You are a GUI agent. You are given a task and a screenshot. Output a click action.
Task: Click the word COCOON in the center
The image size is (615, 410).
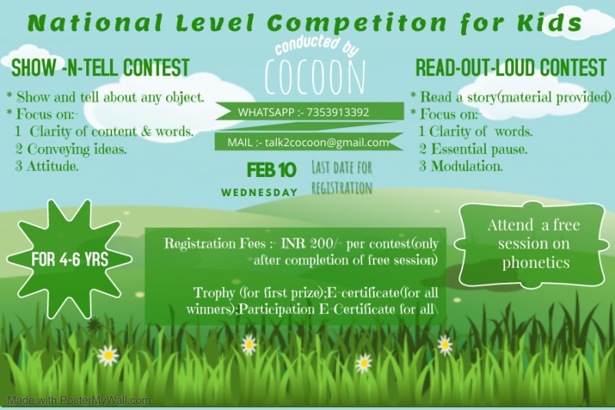(x=315, y=77)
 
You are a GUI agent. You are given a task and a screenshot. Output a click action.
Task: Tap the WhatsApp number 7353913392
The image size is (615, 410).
(x=337, y=112)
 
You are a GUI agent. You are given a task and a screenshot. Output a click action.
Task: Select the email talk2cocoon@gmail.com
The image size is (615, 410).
(x=327, y=142)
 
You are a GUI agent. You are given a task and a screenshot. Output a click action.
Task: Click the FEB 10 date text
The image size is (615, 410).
(x=271, y=170)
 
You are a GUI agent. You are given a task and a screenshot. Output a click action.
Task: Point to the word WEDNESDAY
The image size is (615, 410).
(x=259, y=192)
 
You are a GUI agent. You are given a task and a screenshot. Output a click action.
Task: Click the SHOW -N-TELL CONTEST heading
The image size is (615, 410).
(x=101, y=68)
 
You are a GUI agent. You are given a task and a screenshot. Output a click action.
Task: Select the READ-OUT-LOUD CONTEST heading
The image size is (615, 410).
(x=511, y=68)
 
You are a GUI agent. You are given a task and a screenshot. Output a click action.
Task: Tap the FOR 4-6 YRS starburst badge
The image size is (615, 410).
(x=69, y=259)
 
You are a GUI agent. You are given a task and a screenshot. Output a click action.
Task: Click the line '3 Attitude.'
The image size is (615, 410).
(x=47, y=166)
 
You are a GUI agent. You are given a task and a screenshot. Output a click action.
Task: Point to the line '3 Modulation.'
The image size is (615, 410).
(x=460, y=166)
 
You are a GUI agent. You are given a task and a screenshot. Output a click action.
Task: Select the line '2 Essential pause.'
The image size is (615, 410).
(x=473, y=149)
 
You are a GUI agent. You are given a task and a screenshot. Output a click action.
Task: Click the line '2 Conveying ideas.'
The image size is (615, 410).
(x=71, y=149)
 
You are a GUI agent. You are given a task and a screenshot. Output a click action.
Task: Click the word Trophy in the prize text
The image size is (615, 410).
(x=214, y=293)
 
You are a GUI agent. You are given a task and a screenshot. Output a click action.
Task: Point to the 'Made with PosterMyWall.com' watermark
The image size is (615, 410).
(x=79, y=401)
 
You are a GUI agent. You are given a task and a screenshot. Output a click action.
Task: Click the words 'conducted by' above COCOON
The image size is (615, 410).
(x=317, y=46)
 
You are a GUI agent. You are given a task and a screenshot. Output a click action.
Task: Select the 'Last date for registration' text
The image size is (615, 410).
(x=341, y=178)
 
